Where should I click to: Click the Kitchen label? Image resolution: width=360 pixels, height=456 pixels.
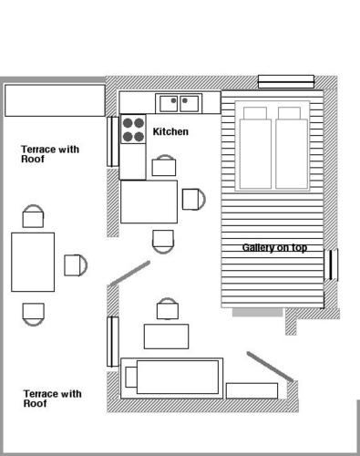point(170,131)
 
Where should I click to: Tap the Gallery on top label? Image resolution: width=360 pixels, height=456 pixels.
point(274,247)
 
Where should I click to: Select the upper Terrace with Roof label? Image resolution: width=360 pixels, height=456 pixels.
point(50,154)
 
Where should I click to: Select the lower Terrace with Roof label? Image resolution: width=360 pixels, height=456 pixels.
point(53,399)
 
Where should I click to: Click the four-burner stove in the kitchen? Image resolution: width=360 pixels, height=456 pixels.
point(133,129)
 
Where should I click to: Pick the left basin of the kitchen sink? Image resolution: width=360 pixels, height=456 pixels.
point(169,103)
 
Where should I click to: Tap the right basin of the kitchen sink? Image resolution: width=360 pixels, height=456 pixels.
point(190,103)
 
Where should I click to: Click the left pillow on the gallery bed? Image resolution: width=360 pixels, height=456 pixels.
point(255,113)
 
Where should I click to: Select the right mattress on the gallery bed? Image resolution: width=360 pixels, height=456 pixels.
point(292,154)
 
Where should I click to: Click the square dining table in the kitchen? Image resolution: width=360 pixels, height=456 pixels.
point(149,202)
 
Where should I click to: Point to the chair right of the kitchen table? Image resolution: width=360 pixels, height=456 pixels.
point(194,199)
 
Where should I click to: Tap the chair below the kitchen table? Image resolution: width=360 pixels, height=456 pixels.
point(163,242)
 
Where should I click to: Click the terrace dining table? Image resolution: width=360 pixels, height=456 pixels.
point(33,262)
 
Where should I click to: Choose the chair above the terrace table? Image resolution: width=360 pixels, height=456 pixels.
point(33,216)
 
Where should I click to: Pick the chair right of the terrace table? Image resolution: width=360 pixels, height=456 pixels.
point(76,265)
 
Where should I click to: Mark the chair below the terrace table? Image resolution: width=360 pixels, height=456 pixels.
point(34,315)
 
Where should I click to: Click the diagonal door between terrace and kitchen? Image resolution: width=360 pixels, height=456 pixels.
point(130,274)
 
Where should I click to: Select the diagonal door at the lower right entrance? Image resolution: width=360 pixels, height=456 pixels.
point(270,367)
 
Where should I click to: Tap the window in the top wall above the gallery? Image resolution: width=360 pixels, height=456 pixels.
point(286,81)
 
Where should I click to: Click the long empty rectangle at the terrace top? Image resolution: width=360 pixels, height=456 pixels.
point(55,100)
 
